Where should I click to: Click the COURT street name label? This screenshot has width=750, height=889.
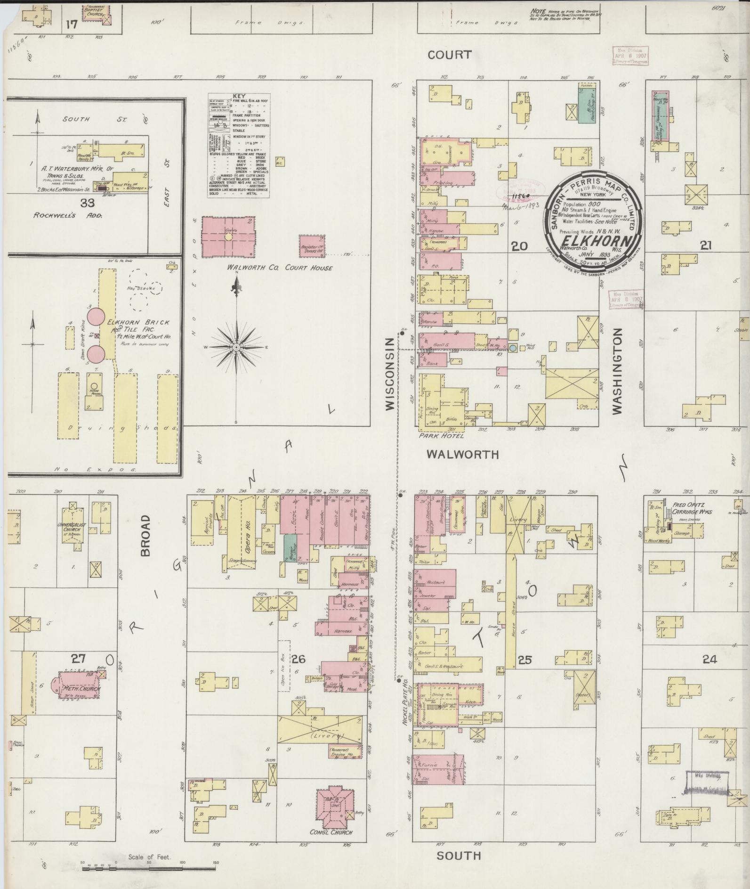click(x=449, y=55)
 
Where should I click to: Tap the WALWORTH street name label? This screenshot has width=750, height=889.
click(x=462, y=454)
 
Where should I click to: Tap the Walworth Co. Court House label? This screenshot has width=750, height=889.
click(x=279, y=268)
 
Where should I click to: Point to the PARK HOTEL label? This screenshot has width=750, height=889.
click(x=441, y=436)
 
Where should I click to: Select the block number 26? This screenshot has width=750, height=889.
click(x=298, y=659)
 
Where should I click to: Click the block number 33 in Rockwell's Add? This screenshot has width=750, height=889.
click(x=88, y=203)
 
